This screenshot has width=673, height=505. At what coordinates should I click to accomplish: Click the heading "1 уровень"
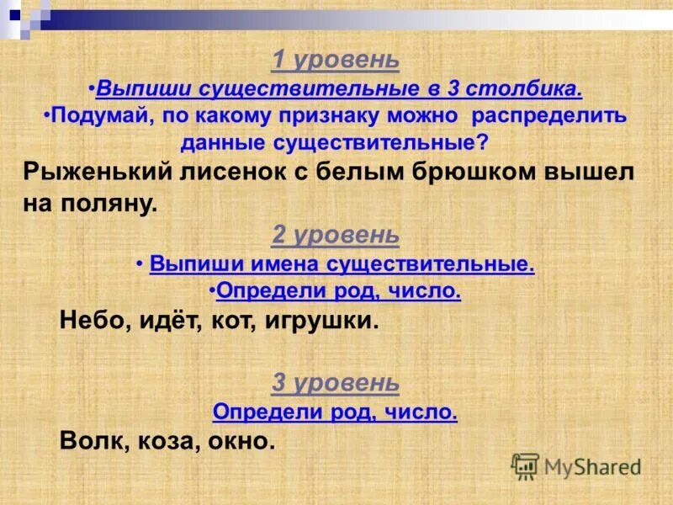click(x=335, y=61)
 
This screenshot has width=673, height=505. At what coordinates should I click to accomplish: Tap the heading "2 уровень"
click(x=335, y=235)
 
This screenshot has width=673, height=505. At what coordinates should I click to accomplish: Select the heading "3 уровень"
click(x=335, y=383)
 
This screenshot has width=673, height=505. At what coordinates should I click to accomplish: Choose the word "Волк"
click(x=92, y=441)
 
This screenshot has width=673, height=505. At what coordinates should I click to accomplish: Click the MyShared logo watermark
click(x=576, y=465)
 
